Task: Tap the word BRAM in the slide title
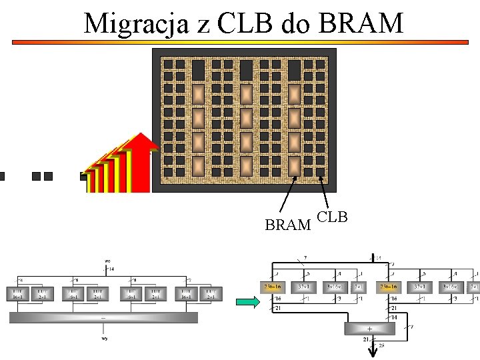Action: click(x=361, y=23)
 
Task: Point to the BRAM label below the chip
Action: click(x=288, y=225)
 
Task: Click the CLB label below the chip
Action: click(x=332, y=217)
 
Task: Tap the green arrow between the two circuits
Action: click(x=247, y=304)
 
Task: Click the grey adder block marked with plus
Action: click(x=369, y=328)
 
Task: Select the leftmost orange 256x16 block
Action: click(x=271, y=287)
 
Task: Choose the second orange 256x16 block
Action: click(x=388, y=287)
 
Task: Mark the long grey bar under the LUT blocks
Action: click(x=103, y=318)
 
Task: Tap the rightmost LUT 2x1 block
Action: click(x=211, y=293)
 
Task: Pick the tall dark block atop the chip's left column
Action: click(x=198, y=69)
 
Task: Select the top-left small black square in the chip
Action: click(x=169, y=65)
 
